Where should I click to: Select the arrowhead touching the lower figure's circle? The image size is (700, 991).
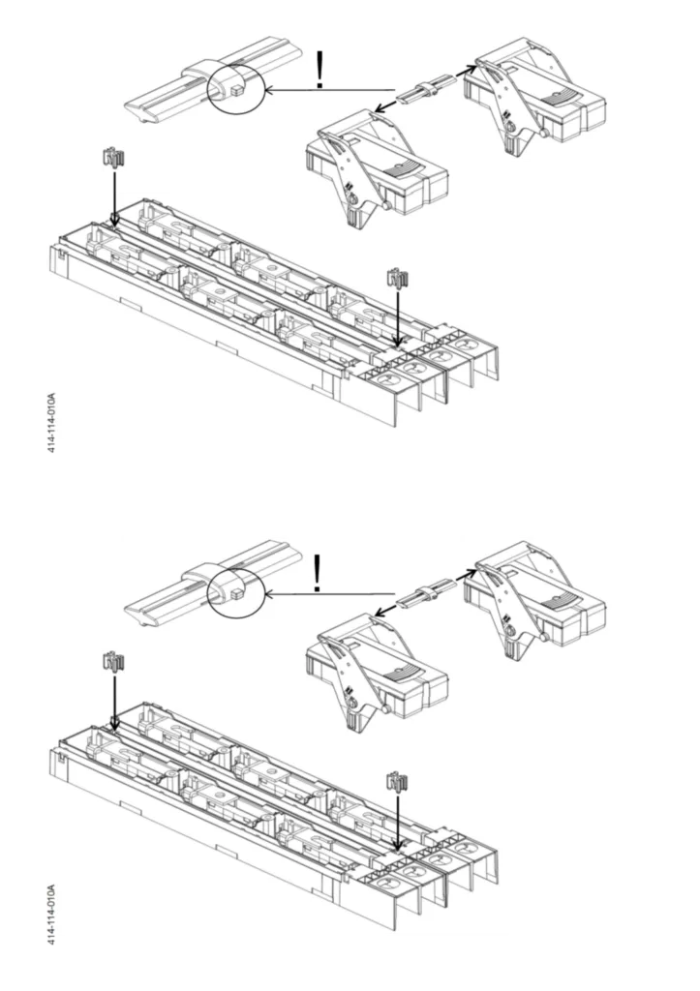(x=270, y=594)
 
